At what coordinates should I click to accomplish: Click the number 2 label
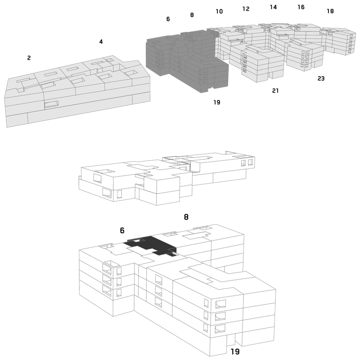pos(29,58)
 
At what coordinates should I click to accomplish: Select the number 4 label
pos(101,41)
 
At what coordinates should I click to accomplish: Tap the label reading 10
pos(219,11)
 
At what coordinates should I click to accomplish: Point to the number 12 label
pos(246,9)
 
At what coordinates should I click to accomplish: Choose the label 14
pos(273,7)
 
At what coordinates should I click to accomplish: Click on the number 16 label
pos(301,7)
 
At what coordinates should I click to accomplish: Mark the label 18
pos(330,11)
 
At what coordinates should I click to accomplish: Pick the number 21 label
pos(275,91)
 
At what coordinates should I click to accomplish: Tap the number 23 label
pos(321,78)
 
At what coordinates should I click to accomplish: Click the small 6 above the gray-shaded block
pos(168,19)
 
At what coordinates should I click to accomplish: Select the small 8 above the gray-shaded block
pos(192,15)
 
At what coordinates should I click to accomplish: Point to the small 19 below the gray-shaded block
pos(217,102)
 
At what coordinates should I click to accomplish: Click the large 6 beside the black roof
pos(122,230)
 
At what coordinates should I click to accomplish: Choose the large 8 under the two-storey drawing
pos(186,217)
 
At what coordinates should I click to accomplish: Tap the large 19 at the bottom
pos(235,351)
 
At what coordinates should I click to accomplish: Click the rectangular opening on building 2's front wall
pos(51,104)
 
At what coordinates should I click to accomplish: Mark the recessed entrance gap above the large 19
pos(231,340)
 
